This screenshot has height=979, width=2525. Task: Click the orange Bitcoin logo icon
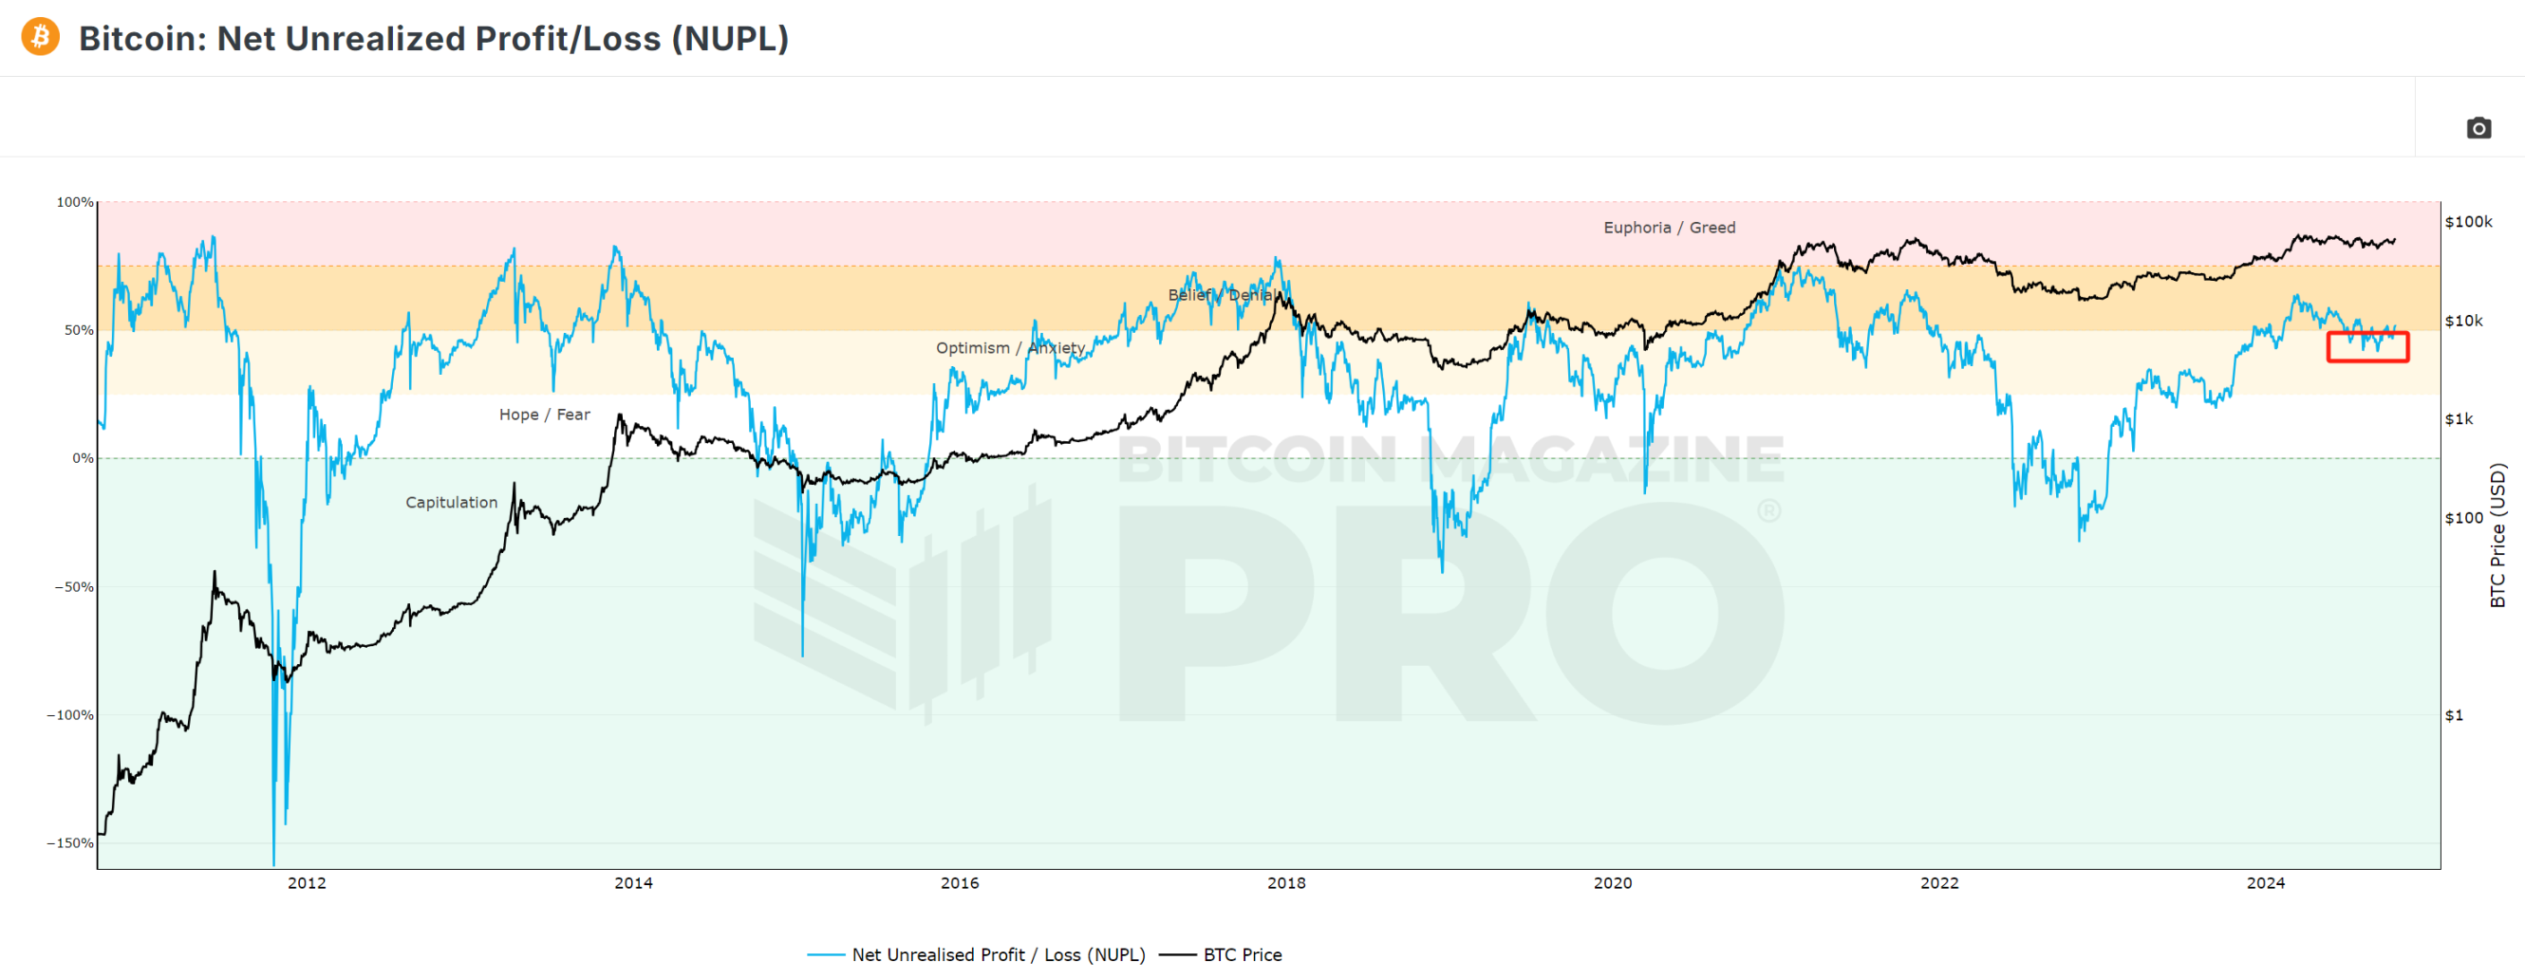[40, 37]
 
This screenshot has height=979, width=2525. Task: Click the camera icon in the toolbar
[2478, 128]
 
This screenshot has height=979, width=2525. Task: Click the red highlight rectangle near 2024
[2367, 347]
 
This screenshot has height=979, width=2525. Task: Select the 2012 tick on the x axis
[307, 883]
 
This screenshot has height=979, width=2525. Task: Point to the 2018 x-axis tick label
[1286, 883]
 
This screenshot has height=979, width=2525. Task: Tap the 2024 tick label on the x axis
[2265, 883]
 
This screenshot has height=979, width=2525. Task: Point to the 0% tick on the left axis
[84, 458]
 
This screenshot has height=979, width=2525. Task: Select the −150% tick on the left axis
[70, 842]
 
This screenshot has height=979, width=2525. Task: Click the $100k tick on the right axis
[2468, 221]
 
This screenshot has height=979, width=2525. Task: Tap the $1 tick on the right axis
[2454, 715]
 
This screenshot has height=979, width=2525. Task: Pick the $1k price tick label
[2460, 419]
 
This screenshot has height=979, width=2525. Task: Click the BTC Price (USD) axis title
[2497, 535]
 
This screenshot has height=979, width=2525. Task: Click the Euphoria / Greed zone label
[1669, 228]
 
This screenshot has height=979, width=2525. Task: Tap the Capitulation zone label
[451, 503]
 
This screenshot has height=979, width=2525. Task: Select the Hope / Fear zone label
[544, 415]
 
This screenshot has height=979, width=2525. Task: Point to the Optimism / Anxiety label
[1010, 348]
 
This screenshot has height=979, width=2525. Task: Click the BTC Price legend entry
[1241, 954]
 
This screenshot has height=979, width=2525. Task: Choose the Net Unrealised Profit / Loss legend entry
[997, 954]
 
